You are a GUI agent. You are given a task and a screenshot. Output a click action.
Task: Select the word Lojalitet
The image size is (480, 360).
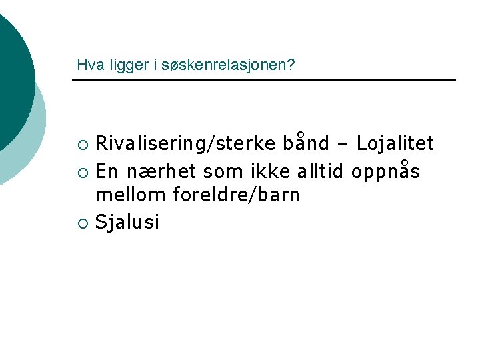click(395, 143)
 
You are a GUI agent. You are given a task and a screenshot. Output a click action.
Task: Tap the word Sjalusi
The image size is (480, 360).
click(127, 221)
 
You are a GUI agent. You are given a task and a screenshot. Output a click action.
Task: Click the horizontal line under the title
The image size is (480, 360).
click(263, 80)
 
